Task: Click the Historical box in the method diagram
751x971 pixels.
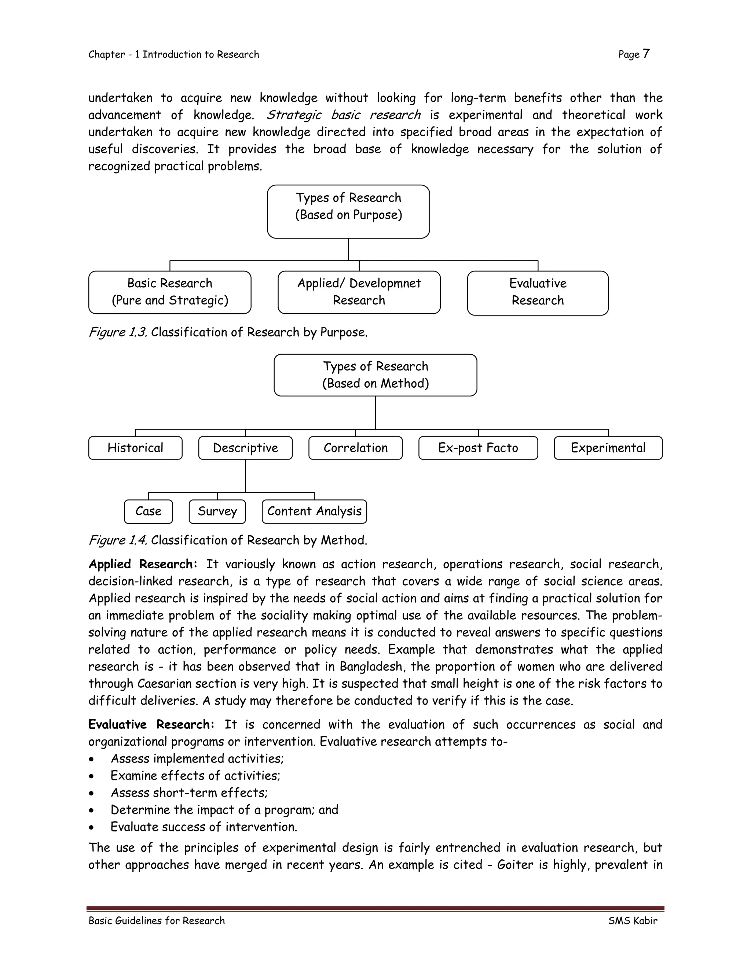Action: (135, 448)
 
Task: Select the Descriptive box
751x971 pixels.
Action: (245, 448)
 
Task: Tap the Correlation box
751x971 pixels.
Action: (355, 448)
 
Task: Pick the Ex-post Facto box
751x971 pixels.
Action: (478, 448)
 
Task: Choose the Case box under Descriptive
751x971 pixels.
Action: (148, 511)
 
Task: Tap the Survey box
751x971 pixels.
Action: (217, 511)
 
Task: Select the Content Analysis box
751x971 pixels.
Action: (314, 511)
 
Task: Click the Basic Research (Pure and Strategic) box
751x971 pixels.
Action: (169, 292)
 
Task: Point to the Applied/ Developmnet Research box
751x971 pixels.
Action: (359, 292)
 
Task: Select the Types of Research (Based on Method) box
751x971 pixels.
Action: (375, 375)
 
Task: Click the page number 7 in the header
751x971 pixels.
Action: (646, 54)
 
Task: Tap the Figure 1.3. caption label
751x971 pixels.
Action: (118, 332)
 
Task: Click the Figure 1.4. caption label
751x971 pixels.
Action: (118, 540)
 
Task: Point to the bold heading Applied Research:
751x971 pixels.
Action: (142, 564)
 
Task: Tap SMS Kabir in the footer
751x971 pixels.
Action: (632, 921)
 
